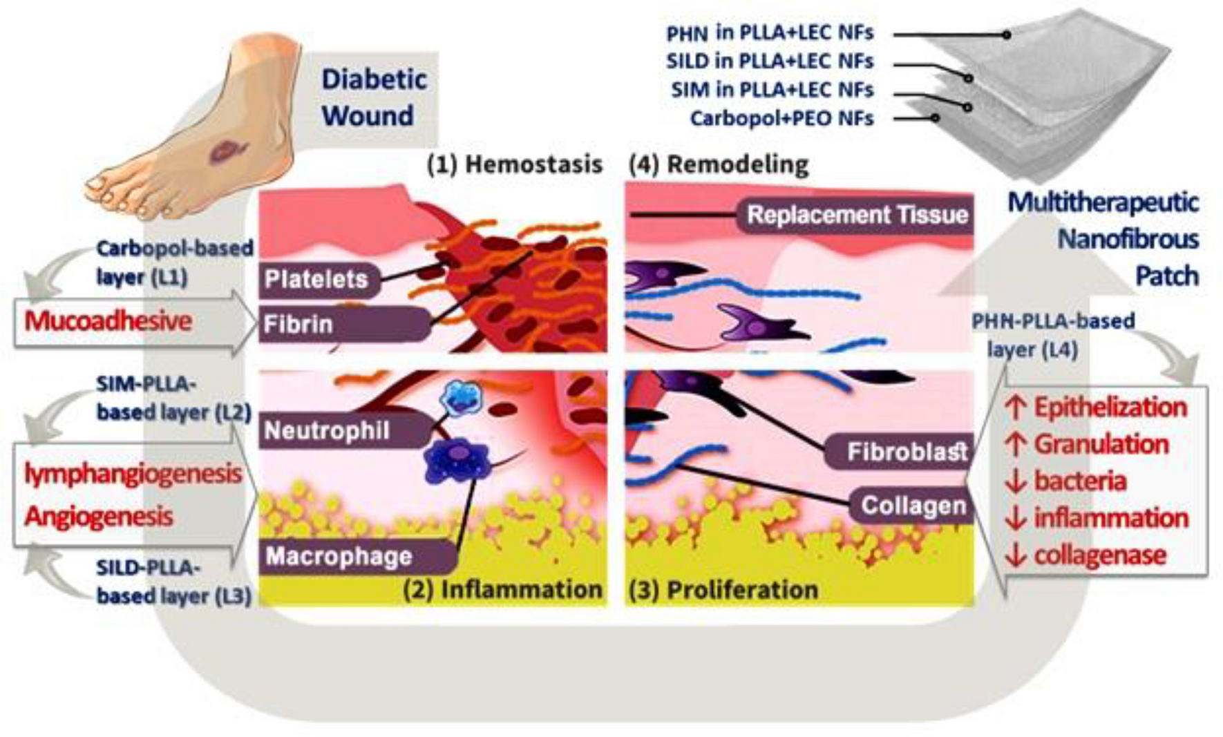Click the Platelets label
pos(316,279)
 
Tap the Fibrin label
pos(298,324)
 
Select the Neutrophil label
pos(327,431)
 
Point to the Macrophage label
pos(339,556)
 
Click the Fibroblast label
pos(907,452)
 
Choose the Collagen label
pos(913,506)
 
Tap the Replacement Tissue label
pos(857,215)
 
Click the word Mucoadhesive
pos(108,321)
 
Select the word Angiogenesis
pos(98,517)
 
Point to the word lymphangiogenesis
pos(133,474)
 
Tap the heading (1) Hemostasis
pos(514,164)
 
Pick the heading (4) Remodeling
pos(719,164)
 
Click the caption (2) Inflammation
pos(502,589)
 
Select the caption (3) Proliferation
pos(723,589)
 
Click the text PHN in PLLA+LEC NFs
pos(769,32)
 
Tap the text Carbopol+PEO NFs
pos(781,118)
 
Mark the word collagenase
pos(1100,555)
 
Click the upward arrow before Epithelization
pos(1016,408)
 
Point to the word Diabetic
pos(374,79)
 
